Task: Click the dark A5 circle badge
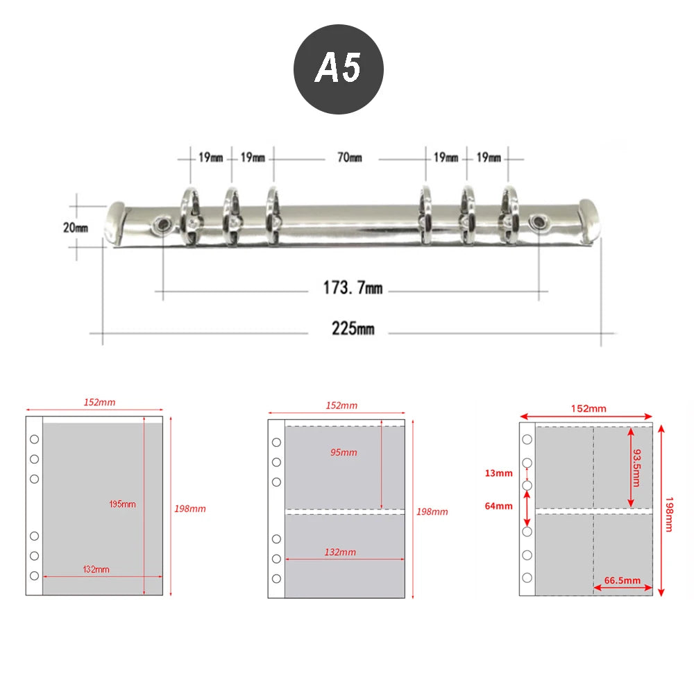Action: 339,69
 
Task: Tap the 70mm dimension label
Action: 350,158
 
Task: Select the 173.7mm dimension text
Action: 353,288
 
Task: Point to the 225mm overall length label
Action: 353,328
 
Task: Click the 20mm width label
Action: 75,228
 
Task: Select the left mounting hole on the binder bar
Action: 160,225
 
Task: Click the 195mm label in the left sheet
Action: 122,504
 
